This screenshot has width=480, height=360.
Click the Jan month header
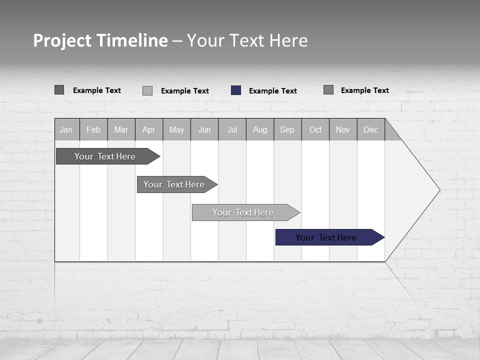66,129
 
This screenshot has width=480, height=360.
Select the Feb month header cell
93,129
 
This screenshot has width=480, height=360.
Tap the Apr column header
149,129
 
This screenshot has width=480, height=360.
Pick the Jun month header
204,129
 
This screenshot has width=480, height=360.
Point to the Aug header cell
260,129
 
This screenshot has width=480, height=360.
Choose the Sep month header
287,129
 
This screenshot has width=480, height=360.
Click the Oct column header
315,129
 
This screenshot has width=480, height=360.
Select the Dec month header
371,129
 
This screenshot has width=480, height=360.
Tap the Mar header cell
121,129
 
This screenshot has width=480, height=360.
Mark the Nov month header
343,129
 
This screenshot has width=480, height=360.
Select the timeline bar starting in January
105,156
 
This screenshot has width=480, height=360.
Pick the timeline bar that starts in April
174,184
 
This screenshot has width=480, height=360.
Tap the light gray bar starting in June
243,212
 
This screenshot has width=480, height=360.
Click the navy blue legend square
236,90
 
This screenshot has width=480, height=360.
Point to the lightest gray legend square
147,90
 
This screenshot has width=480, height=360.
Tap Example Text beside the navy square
273,91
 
